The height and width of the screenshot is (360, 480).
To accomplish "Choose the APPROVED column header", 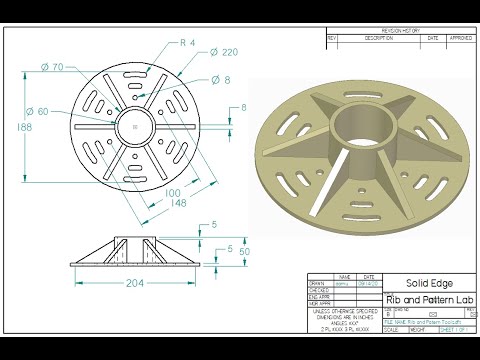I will (x=459, y=38).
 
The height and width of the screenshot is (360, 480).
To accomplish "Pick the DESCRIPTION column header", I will (x=379, y=38).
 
